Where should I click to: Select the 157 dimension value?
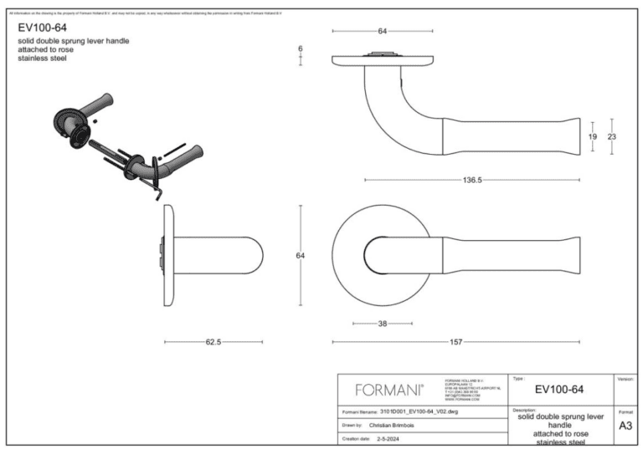(456, 342)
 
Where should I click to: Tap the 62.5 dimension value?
(213, 342)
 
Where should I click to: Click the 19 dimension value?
(592, 136)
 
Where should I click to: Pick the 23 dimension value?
(612, 136)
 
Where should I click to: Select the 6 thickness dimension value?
(300, 49)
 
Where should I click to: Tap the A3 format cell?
(625, 426)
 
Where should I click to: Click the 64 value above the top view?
(383, 31)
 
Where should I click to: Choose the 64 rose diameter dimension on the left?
(300, 255)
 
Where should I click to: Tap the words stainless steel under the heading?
(42, 59)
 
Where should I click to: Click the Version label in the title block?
(625, 379)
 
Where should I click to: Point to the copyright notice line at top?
(142, 13)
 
